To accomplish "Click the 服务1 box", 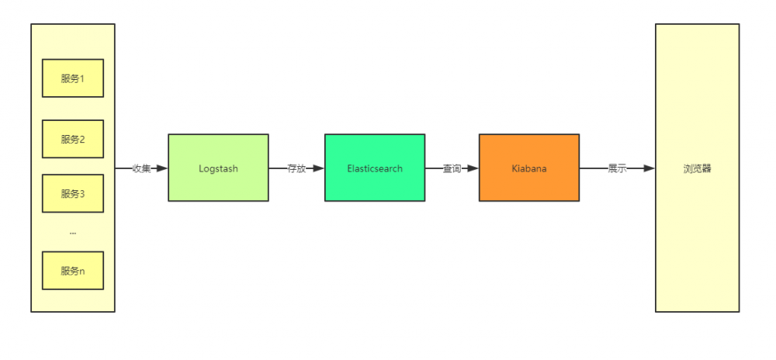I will point(73,78).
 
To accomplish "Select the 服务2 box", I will point(73,140).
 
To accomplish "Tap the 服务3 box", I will point(73,193).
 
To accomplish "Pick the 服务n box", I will point(73,271).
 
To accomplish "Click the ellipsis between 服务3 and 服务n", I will point(73,232).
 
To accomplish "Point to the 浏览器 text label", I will point(697,168).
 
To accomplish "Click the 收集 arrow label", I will point(141,168).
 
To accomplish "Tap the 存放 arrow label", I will point(296,168).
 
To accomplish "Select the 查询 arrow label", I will point(452,168).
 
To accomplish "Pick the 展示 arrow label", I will point(617,168).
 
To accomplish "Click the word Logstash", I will point(218,168).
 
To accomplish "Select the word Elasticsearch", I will point(375,168).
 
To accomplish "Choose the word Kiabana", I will point(528,168).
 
